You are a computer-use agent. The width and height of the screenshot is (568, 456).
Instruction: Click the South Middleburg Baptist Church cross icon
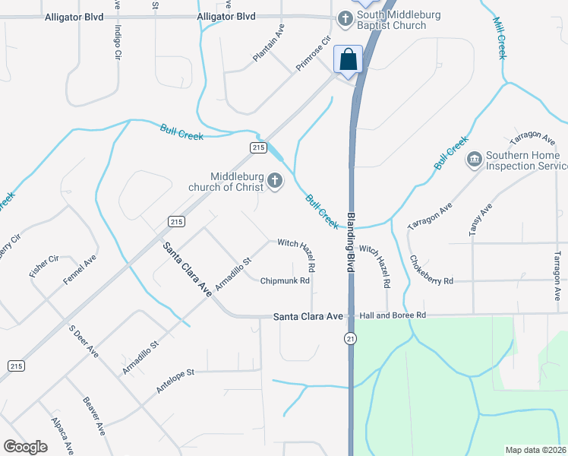click(x=346, y=17)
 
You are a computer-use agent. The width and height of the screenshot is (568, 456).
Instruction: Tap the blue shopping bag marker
click(x=349, y=59)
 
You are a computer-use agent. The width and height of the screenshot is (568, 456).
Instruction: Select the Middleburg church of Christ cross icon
click(x=273, y=182)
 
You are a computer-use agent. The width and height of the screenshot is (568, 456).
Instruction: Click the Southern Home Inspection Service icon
click(x=475, y=158)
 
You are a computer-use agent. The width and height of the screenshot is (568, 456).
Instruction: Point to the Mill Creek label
click(x=500, y=39)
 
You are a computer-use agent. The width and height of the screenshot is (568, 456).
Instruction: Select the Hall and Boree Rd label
click(x=393, y=315)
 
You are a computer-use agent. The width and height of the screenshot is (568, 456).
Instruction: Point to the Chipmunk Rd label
click(x=285, y=280)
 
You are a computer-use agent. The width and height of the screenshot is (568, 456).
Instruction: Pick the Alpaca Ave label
click(x=62, y=434)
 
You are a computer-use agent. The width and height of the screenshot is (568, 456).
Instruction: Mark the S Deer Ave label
click(x=84, y=342)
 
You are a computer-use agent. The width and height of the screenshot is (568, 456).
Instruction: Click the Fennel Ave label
click(x=80, y=270)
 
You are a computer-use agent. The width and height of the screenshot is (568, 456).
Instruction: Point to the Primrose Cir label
click(x=314, y=53)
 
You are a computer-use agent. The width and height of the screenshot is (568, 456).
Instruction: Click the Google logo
click(x=26, y=447)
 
